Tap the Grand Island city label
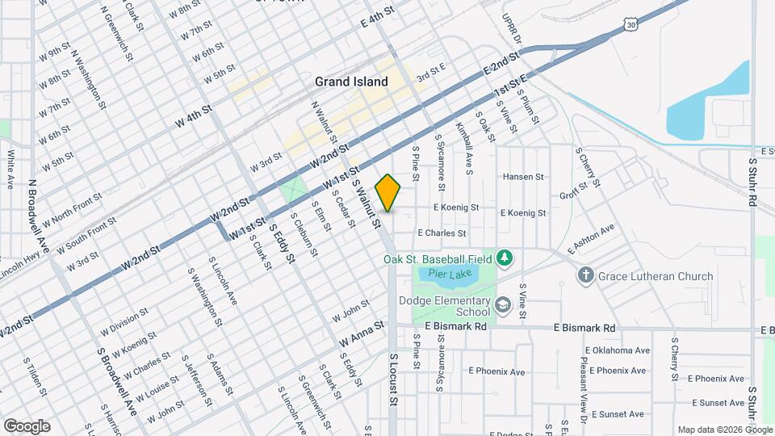click(x=351, y=82)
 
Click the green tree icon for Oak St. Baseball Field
click(x=505, y=258)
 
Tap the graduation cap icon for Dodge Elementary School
click(x=503, y=304)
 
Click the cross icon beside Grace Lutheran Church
click(x=585, y=276)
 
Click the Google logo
click(x=27, y=426)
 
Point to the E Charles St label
click(x=442, y=233)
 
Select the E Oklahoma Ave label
click(x=619, y=351)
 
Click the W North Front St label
click(x=73, y=208)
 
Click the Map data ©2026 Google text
click(x=723, y=429)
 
